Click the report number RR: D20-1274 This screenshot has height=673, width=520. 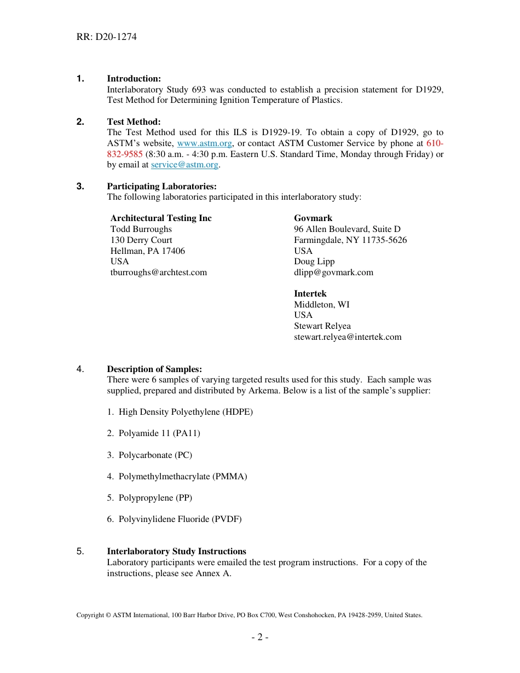pos(106,37)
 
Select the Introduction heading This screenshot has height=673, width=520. pos(134,79)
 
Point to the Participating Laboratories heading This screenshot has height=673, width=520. pos(161,187)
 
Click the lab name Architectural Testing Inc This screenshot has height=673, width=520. pos(161,218)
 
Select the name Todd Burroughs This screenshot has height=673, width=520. pos(141,229)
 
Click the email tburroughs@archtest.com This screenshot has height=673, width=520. pos(159,272)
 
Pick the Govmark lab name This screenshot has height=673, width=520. pos(313,218)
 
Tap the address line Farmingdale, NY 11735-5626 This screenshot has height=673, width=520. pos(350,240)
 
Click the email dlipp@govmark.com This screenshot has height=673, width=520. pos(333,272)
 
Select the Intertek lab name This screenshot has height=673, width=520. pos(310,294)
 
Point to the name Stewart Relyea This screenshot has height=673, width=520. pos(322,326)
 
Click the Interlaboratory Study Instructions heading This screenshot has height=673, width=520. pos(176,552)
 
